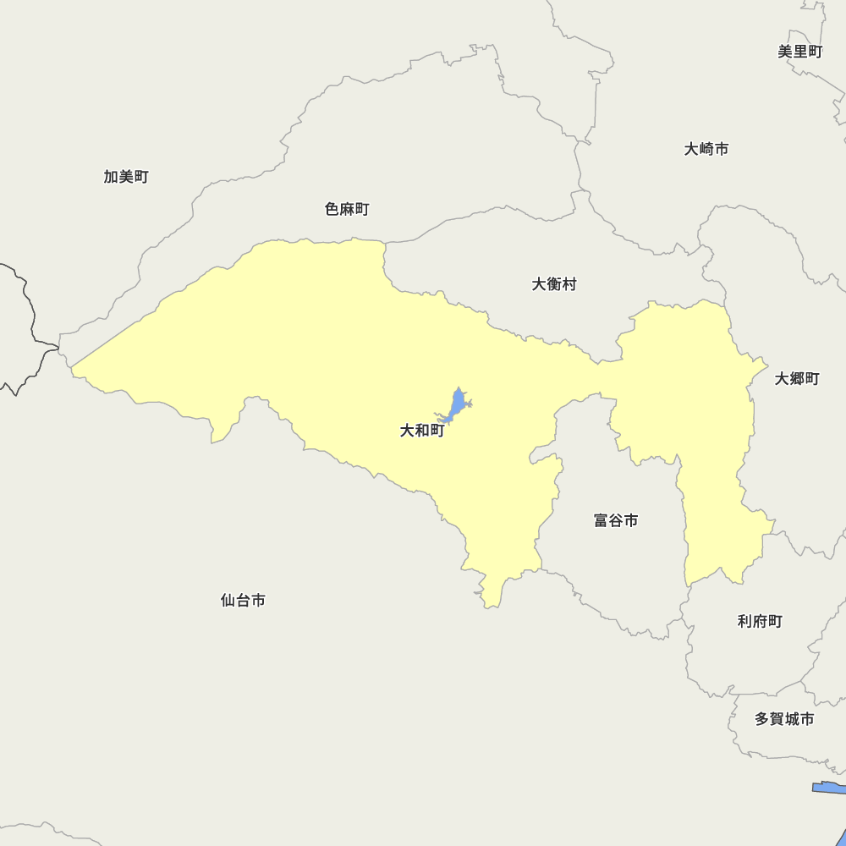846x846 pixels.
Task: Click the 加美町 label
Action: (126, 177)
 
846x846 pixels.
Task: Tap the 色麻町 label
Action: (347, 209)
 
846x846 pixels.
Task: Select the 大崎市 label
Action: (706, 149)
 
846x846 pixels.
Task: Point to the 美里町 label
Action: (799, 52)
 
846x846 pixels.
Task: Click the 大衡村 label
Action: (554, 284)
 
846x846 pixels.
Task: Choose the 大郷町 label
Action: (797, 379)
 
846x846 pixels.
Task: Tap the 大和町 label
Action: (422, 431)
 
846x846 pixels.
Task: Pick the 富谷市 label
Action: (616, 520)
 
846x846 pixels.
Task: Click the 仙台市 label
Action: (243, 600)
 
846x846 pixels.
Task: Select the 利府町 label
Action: (760, 622)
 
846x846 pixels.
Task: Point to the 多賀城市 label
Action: (784, 719)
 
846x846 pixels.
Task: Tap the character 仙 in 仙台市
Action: (228, 600)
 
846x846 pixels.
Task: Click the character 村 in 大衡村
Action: (569, 284)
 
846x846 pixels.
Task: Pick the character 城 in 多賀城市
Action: (792, 719)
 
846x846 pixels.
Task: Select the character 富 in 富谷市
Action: (601, 520)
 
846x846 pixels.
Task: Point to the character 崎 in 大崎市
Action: (706, 149)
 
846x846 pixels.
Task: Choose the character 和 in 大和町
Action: (422, 431)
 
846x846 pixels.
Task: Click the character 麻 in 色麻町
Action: (347, 209)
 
